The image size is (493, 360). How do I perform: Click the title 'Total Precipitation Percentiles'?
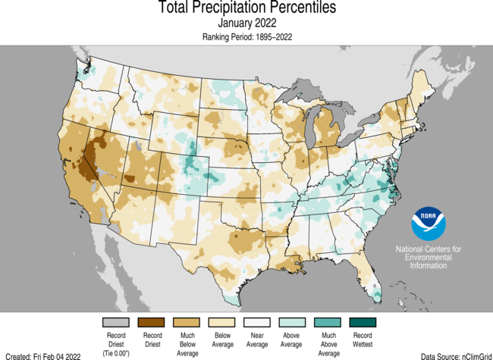246,8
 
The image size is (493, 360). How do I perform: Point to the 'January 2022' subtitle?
246,23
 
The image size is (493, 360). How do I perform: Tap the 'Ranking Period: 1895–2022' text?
246,36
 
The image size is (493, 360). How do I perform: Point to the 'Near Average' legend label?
258,339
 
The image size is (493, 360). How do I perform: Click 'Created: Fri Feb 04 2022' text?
43,355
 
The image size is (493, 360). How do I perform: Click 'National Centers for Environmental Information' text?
429,258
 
